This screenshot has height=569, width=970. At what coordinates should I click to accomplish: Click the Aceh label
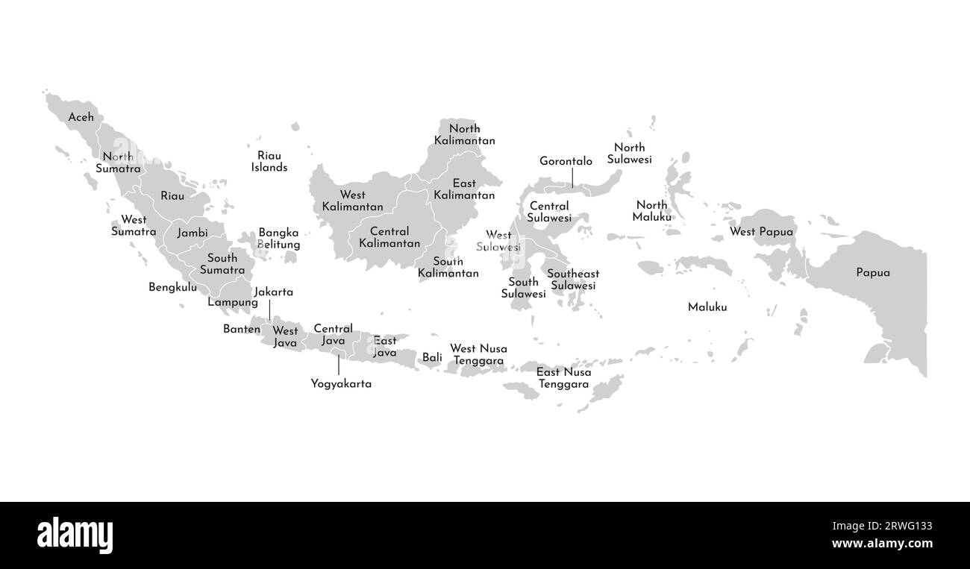tap(81, 117)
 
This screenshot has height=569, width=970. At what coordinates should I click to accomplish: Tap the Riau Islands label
tap(269, 162)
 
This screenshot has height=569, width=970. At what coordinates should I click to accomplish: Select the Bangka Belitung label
tap(279, 239)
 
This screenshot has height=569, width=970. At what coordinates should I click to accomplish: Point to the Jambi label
tap(193, 233)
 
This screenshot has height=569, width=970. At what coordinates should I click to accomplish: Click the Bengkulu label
tap(173, 287)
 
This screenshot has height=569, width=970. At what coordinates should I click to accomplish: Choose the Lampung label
tap(233, 302)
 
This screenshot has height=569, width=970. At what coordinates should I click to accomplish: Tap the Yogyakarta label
tap(341, 384)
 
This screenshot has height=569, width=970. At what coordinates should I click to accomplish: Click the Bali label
tap(432, 357)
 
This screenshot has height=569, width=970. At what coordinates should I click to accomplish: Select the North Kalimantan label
tap(464, 134)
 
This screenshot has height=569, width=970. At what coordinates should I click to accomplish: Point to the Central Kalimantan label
tap(389, 237)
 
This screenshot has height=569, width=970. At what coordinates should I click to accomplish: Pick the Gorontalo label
tap(566, 161)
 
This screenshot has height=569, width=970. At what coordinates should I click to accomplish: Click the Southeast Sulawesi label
tap(573, 280)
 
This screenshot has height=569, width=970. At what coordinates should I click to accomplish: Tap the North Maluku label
tap(652, 211)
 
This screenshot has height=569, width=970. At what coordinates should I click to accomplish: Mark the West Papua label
tap(761, 232)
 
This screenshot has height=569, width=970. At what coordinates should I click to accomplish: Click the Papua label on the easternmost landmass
tap(873, 273)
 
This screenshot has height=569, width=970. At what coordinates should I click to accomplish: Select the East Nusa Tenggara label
tap(563, 378)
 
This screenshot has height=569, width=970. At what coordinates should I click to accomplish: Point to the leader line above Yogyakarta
tap(339, 365)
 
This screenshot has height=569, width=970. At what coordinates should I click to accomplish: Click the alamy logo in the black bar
tap(75, 535)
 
